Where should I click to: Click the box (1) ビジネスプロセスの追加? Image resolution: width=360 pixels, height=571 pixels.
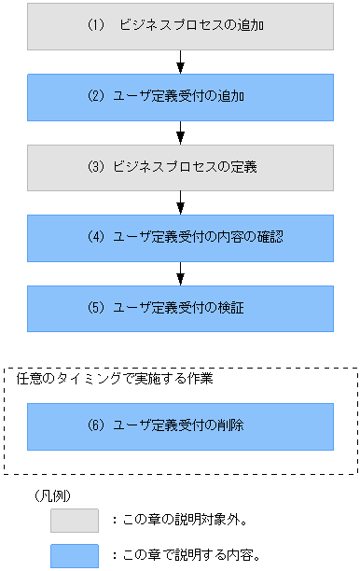click(x=180, y=26)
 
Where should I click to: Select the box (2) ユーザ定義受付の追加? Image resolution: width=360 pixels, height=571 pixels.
click(x=180, y=97)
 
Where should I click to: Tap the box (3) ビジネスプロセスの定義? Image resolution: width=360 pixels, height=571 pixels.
click(x=180, y=168)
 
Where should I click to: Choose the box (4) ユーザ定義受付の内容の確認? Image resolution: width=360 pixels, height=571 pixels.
click(x=180, y=238)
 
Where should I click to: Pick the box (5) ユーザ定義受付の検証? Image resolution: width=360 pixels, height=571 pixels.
click(x=180, y=308)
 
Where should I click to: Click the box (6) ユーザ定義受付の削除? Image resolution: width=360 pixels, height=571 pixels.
click(x=180, y=426)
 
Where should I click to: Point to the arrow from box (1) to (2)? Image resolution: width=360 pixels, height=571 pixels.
click(x=180, y=62)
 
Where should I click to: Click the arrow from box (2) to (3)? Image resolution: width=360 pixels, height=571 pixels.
click(x=180, y=132)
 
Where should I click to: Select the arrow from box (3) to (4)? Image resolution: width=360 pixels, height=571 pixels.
click(x=180, y=202)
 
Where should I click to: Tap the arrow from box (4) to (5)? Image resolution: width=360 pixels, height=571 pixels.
click(x=180, y=273)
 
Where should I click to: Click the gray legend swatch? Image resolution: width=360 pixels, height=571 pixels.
click(x=74, y=520)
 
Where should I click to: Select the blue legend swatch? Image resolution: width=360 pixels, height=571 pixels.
click(x=74, y=555)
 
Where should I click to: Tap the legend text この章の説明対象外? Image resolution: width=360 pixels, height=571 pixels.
click(x=187, y=521)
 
